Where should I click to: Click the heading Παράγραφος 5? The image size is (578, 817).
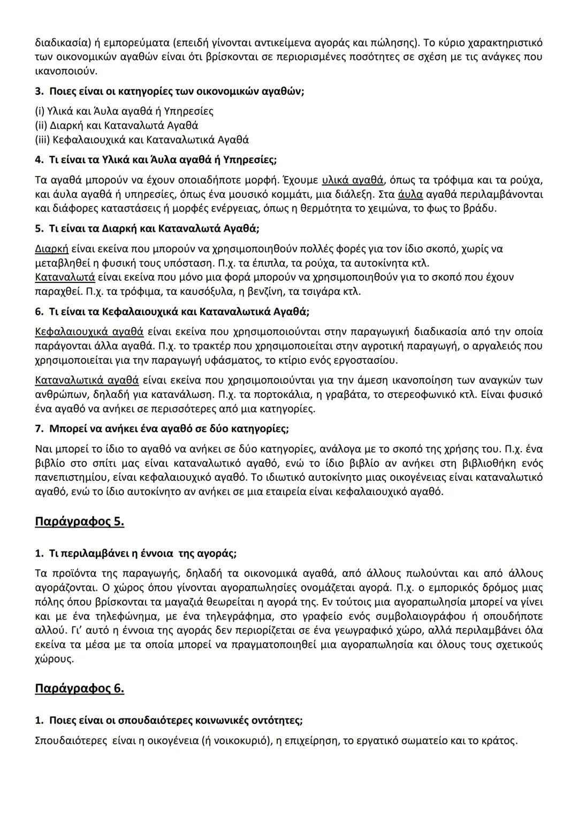coord(79,521)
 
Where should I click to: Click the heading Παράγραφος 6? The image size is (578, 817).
coord(79,688)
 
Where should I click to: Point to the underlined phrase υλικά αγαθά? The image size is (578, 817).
coord(353,180)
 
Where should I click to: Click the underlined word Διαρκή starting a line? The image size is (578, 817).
coord(51,249)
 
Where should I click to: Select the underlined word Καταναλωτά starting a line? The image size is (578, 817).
coord(65,277)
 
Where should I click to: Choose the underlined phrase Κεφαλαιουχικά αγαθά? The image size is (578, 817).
coord(89,332)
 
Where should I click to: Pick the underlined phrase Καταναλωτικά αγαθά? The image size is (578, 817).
coord(87,380)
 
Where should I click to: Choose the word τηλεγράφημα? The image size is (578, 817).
coord(237,616)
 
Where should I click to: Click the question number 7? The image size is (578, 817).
coord(39,429)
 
